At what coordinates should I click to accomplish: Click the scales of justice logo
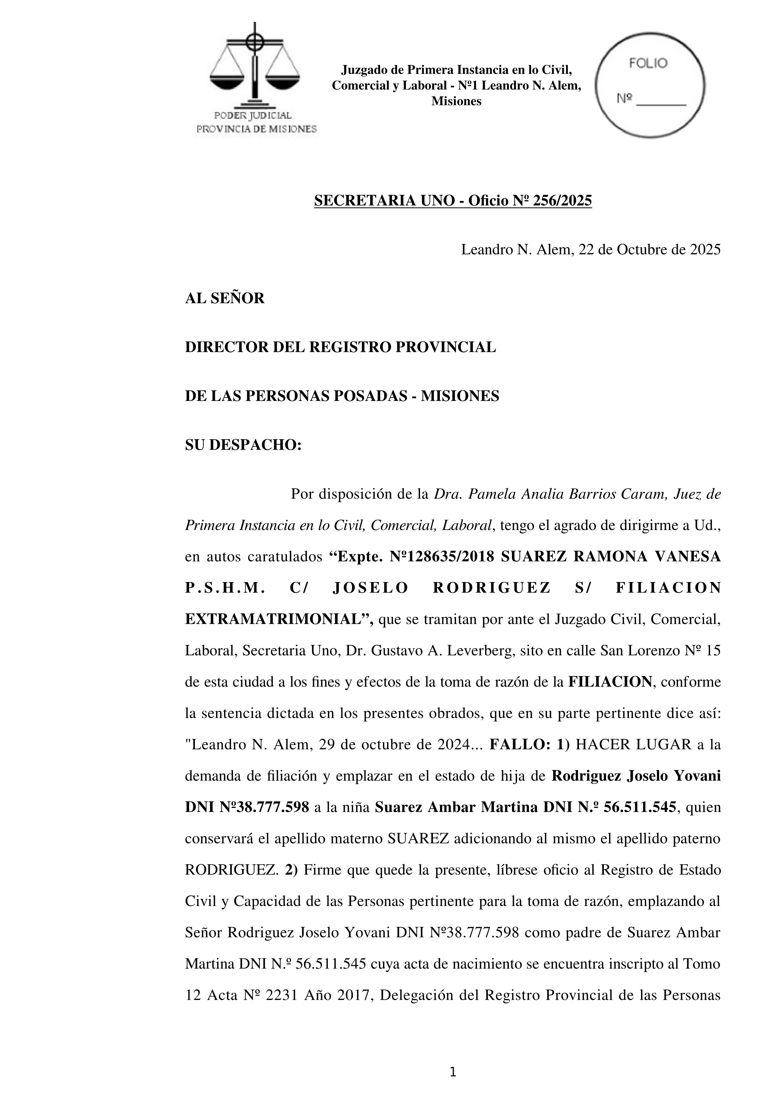(x=255, y=65)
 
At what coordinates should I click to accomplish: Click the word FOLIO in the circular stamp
(x=648, y=64)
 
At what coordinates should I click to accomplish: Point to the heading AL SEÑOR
(x=224, y=299)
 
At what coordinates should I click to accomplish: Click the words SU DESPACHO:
(x=243, y=445)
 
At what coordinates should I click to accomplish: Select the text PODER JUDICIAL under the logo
(x=253, y=115)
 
